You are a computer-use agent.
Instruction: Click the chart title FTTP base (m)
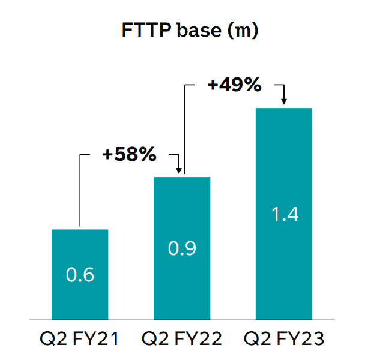(189, 31)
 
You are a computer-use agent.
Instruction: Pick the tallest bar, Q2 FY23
(285, 180)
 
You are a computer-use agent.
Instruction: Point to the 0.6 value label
(80, 275)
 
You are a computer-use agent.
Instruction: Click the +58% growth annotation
(129, 154)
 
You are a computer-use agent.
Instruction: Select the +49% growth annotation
(234, 85)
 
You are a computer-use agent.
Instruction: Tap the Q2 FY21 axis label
(80, 339)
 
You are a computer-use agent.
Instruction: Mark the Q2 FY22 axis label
(182, 339)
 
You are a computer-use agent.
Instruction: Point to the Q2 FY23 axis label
(285, 339)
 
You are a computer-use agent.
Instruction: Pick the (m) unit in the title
(242, 31)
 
